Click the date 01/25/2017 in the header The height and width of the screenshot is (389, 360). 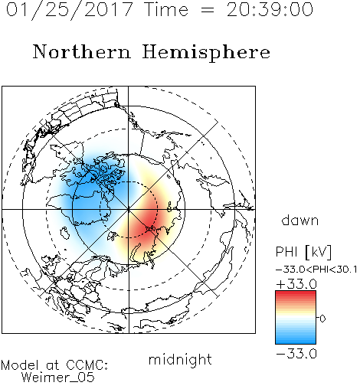point(70,10)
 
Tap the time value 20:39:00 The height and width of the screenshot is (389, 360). point(270,10)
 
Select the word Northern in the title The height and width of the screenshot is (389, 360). point(82,51)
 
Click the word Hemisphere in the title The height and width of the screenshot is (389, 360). point(206,53)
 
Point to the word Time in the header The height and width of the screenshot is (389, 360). point(166,10)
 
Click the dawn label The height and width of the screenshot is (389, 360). point(300,221)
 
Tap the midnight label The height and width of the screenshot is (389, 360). point(180,359)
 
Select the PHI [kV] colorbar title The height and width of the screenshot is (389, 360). point(303,252)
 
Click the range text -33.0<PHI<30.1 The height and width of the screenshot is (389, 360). point(316,270)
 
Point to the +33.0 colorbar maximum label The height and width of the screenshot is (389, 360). point(296,284)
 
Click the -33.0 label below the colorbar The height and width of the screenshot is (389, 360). point(296,354)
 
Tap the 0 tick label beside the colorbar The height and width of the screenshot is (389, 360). point(322,319)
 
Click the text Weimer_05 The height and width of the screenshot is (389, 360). point(57,378)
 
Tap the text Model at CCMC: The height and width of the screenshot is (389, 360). point(54,365)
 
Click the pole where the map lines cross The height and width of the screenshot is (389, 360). point(129,210)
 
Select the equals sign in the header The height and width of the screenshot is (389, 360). point(208,10)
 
